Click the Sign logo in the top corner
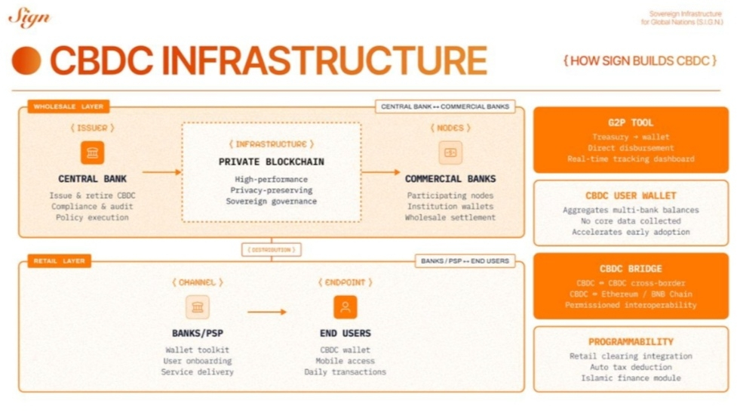point(29,17)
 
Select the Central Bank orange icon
point(93,153)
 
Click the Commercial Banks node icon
point(450,153)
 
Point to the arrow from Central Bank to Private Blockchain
point(161,172)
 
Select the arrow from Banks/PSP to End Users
point(267,311)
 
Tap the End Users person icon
point(345,307)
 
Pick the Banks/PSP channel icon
point(197,307)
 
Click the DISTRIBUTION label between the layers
point(271,249)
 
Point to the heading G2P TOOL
point(631,122)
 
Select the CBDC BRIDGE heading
point(631,268)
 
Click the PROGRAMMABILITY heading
point(631,342)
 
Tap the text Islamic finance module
point(631,377)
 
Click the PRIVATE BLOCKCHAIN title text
point(271,162)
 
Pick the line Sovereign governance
point(271,202)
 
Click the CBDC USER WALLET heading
point(631,196)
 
